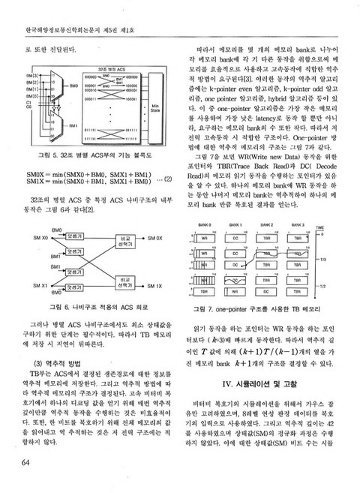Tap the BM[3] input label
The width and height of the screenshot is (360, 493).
[32, 77]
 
